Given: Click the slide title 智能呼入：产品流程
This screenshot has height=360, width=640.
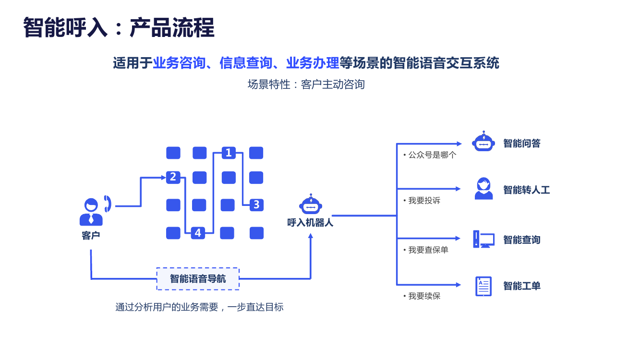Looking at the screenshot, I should (x=119, y=28).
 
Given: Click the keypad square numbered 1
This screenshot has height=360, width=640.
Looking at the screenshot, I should (x=229, y=153).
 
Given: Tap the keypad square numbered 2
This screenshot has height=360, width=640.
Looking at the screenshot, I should (x=173, y=177).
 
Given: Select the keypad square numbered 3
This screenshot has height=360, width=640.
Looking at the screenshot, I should (x=256, y=205).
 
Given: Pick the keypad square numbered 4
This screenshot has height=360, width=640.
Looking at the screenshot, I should (x=198, y=233).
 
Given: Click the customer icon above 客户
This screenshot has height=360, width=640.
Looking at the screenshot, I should (x=91, y=212).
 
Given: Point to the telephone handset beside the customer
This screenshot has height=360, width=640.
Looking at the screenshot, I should (x=108, y=204).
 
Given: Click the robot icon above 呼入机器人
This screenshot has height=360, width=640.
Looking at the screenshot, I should (x=311, y=205).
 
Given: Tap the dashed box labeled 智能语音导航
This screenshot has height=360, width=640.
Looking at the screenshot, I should (x=198, y=279).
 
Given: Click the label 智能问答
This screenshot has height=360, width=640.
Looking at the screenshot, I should (x=522, y=143).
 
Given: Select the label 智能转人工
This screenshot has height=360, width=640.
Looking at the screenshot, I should (x=526, y=190).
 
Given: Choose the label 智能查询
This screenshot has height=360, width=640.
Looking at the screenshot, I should (x=522, y=240).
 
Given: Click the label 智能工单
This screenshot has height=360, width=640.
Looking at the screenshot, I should (x=522, y=286).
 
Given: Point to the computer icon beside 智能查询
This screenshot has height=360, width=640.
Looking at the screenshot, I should (x=483, y=239).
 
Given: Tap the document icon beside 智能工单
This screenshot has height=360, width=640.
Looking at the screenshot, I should (x=483, y=286).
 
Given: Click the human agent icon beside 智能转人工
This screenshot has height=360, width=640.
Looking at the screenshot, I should (x=483, y=189).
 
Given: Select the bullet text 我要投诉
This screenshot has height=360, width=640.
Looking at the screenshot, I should (x=424, y=201).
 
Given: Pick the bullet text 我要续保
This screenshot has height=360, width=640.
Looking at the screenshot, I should (x=424, y=296).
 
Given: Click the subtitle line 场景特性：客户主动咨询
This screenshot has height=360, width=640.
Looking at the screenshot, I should (x=306, y=84).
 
